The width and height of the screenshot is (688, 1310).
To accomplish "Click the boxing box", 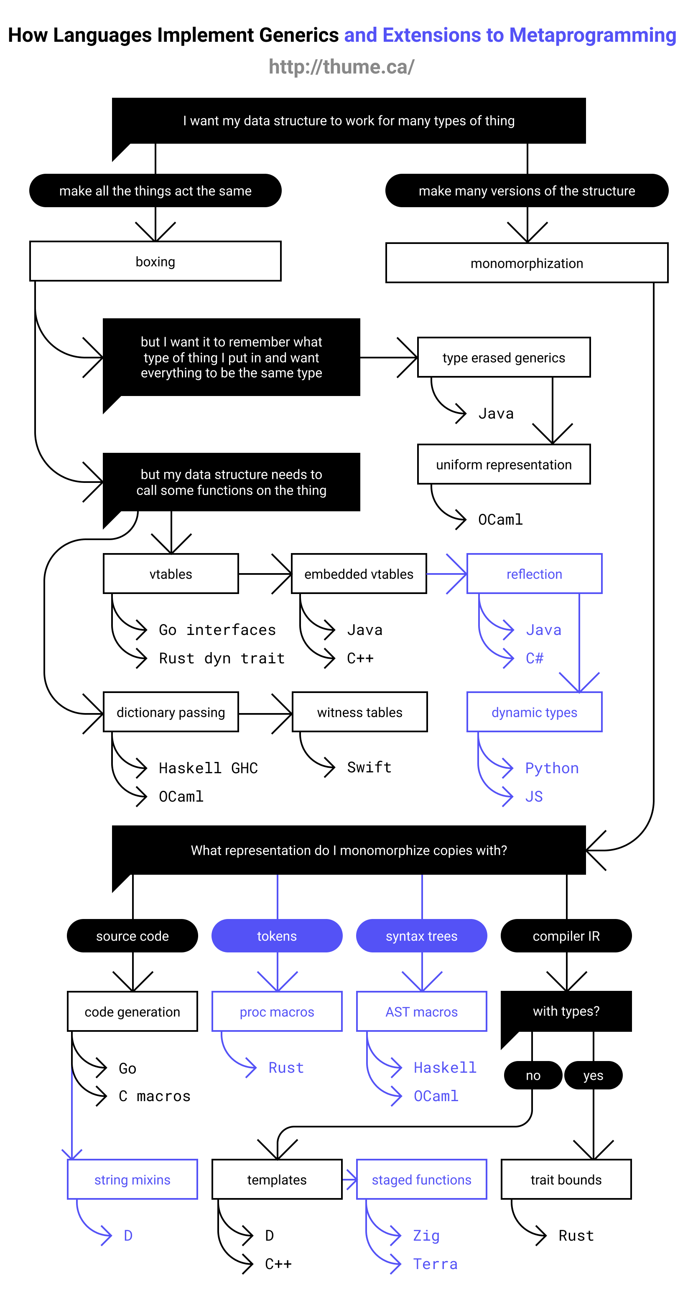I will (155, 261).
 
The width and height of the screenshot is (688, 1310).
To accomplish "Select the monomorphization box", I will (527, 263).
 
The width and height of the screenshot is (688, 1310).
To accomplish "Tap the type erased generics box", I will (503, 358).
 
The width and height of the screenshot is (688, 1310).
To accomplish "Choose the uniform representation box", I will (503, 464).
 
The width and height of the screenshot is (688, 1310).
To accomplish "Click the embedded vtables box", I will (359, 574).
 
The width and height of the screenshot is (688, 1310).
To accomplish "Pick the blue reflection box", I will (534, 574).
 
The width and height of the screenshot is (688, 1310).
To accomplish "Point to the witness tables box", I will (359, 712).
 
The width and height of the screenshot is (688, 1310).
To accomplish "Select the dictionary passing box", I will (171, 712).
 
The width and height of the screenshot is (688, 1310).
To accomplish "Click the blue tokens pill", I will (277, 936).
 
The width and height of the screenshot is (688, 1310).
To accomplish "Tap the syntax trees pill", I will (421, 936).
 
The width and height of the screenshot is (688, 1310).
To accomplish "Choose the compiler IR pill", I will (566, 936).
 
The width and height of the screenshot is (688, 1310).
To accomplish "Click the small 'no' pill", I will (533, 1075).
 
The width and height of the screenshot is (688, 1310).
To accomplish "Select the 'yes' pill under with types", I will (593, 1075).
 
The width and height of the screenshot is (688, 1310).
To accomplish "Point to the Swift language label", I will (369, 767).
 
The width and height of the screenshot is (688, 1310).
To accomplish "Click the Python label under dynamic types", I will (552, 768).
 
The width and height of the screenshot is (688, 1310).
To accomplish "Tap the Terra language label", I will (435, 1264).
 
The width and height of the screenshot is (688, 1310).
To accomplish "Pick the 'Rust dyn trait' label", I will (222, 658).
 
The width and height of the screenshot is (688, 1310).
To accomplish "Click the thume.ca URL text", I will (341, 66).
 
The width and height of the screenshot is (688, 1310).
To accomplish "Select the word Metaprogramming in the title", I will (592, 35).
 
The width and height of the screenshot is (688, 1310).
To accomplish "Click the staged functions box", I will (421, 1179).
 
